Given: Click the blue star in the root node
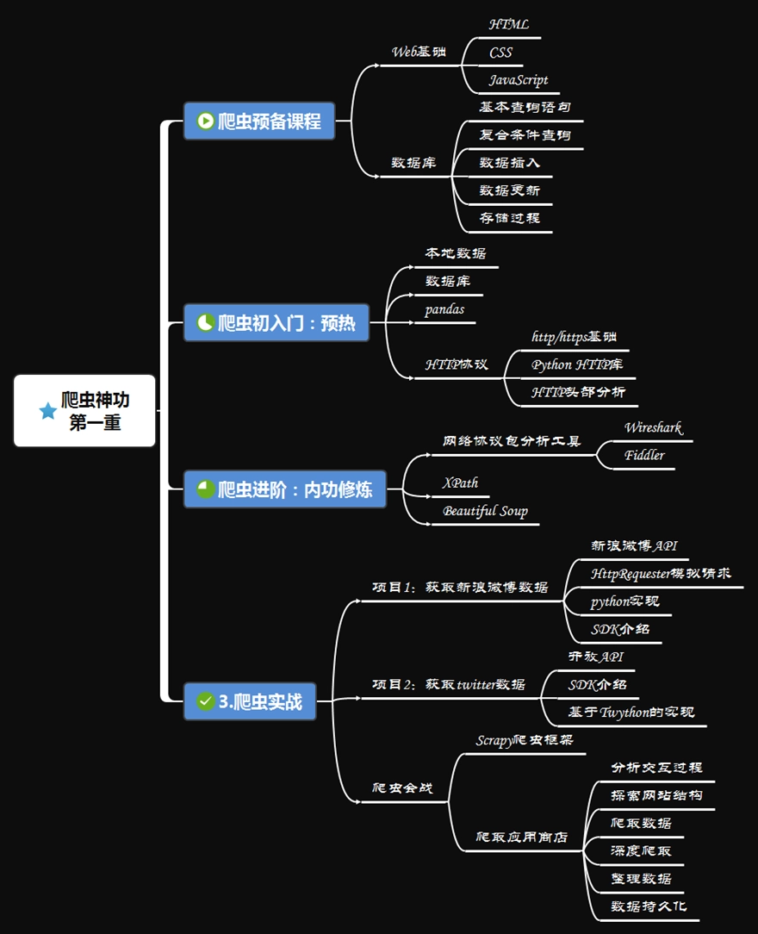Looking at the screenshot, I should click(48, 411).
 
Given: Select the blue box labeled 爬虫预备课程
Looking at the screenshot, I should click(258, 121).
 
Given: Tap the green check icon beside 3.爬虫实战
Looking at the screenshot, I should click(205, 701).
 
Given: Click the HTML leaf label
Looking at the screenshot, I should click(508, 25).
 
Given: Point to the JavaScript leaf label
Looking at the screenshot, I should click(519, 80).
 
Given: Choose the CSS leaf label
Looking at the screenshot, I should click(500, 53).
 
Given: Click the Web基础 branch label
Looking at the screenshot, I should click(419, 51).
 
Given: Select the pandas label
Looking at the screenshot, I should click(444, 309).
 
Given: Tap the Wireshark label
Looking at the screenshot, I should click(653, 427).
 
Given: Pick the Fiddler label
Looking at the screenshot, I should click(644, 455).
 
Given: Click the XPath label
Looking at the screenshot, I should click(460, 483).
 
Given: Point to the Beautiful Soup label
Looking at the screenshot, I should click(485, 511).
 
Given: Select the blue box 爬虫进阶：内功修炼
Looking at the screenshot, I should click(285, 489).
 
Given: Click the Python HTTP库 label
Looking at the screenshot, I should click(577, 364).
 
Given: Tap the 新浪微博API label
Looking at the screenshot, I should click(634, 545).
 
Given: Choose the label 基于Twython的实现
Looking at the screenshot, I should click(631, 712).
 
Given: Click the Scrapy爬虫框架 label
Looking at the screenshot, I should click(525, 740).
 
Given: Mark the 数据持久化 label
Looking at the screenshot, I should click(649, 906).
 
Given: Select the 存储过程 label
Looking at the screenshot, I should click(510, 218).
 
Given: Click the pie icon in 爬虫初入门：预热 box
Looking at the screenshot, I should click(205, 323).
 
